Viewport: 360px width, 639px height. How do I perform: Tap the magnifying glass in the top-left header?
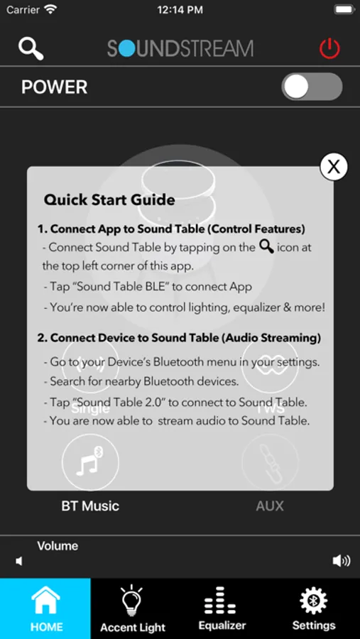tap(31, 49)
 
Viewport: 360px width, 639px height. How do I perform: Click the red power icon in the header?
tap(329, 49)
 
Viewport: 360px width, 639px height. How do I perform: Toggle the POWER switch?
tap(312, 87)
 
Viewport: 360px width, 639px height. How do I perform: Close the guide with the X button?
tap(334, 167)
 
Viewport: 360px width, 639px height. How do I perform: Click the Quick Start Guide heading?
tap(109, 200)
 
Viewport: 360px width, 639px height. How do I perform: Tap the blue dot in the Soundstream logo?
tap(127, 48)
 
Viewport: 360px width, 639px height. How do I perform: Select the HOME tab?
tap(45, 608)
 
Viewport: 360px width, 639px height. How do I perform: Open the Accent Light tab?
tap(133, 608)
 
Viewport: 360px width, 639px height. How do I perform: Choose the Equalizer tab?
tap(222, 608)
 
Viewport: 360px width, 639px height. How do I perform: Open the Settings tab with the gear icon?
tap(314, 608)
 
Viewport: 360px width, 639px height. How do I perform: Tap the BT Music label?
tap(90, 506)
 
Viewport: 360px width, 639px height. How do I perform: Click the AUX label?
tap(270, 506)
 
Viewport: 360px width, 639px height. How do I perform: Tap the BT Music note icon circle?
tap(90, 461)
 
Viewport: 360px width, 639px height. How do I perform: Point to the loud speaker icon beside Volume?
tap(342, 561)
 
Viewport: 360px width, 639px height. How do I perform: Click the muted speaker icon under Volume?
tap(18, 561)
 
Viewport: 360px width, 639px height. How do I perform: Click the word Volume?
tap(58, 546)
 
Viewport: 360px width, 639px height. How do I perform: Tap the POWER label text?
tap(54, 87)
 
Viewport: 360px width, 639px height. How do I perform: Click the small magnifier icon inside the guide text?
tap(266, 246)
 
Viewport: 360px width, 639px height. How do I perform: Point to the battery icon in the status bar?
tap(344, 10)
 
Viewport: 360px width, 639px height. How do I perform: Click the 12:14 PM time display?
tap(180, 10)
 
